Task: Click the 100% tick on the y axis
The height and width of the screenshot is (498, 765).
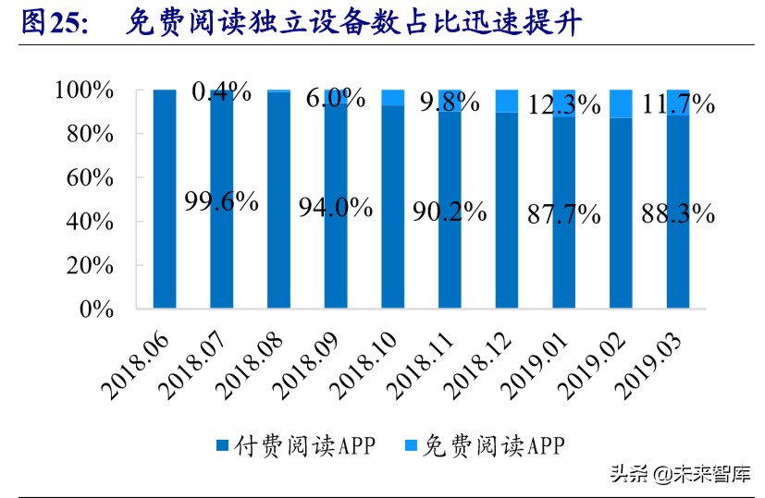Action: pos(83,91)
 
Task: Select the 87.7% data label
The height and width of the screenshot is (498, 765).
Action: pos(563,214)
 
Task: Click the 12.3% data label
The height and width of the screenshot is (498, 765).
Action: pos(563,105)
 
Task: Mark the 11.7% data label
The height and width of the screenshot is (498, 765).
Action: pos(678,104)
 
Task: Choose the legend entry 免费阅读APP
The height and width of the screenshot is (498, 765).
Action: pos(488,446)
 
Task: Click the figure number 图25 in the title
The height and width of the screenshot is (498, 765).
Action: pos(53,25)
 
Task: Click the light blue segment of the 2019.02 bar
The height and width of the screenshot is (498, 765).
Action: pos(621,103)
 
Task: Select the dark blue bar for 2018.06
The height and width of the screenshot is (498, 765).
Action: pos(165,199)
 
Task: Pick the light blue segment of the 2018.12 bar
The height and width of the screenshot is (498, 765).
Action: pos(506,101)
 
